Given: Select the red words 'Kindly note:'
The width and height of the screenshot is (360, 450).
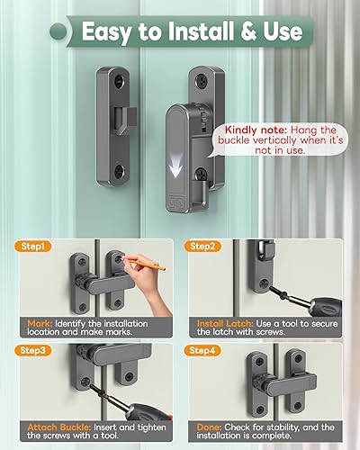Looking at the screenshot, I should (240, 131).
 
